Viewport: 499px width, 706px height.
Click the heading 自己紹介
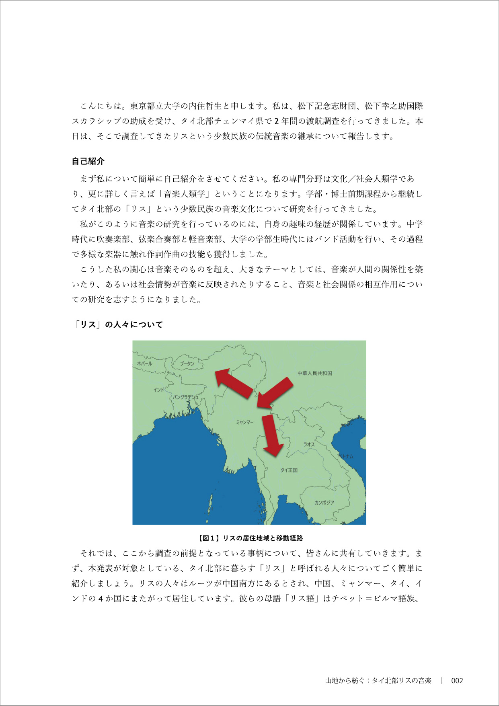[x=88, y=161]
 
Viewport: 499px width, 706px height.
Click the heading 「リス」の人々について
[x=117, y=324]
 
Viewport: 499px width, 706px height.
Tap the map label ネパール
[x=145, y=363]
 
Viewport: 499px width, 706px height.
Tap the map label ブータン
[x=187, y=363]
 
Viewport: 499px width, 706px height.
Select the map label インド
[x=159, y=390]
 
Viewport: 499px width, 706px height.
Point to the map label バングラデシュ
[x=186, y=397]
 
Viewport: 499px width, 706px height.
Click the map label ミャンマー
[x=244, y=422]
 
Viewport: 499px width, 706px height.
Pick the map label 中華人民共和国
[x=315, y=373]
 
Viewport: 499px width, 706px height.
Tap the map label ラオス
[x=309, y=444]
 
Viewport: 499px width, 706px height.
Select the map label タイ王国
[x=289, y=470]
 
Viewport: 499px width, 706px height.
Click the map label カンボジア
[x=324, y=503]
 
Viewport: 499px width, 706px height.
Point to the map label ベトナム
[x=345, y=456]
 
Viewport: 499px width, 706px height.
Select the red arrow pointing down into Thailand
[x=272, y=435]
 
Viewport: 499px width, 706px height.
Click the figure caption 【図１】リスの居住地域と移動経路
[x=249, y=538]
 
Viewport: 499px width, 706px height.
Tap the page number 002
[x=457, y=681]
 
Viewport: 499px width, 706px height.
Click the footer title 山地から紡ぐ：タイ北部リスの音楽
[x=378, y=681]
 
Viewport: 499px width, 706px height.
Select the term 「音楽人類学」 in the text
[x=184, y=194]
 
